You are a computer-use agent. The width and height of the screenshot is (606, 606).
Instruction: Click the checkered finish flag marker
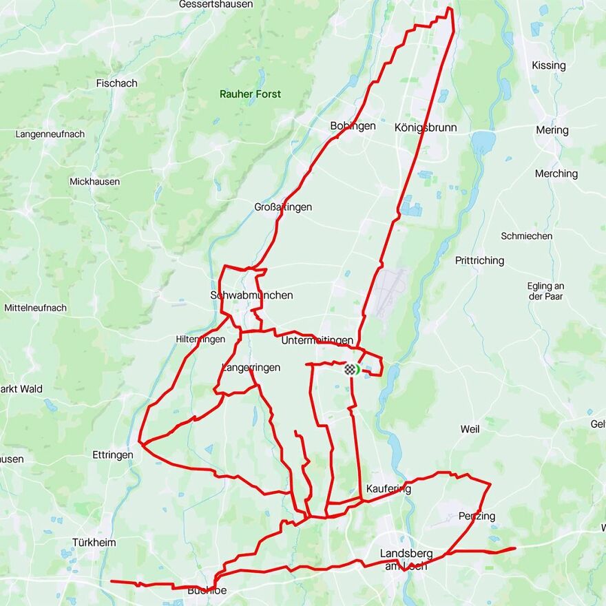click(x=351, y=370)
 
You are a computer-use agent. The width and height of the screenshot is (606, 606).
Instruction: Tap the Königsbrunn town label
click(x=426, y=127)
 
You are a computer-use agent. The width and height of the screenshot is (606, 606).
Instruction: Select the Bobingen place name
click(x=353, y=126)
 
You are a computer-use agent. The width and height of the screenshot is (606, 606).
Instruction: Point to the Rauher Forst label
click(x=250, y=94)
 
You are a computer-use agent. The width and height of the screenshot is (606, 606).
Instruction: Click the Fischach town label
click(x=116, y=83)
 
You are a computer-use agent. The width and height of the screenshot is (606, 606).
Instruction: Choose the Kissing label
click(x=548, y=65)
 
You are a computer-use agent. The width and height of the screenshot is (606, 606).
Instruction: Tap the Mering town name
click(x=552, y=130)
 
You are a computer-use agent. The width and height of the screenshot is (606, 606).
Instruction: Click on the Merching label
click(x=556, y=174)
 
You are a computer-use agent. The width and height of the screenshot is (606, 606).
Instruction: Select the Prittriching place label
click(x=479, y=260)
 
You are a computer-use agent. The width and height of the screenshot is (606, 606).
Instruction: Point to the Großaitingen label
click(x=283, y=207)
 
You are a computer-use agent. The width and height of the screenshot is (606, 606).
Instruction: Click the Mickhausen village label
click(x=94, y=182)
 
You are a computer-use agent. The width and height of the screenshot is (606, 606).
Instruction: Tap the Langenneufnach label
click(x=50, y=134)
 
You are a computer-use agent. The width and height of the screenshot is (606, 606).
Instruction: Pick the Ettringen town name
click(x=112, y=454)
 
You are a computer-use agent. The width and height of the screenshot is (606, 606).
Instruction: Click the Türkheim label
click(x=94, y=543)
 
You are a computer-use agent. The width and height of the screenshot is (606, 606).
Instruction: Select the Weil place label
click(x=470, y=429)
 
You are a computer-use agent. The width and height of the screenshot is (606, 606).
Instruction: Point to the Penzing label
click(x=477, y=516)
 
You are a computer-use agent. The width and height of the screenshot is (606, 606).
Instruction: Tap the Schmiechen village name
click(x=526, y=236)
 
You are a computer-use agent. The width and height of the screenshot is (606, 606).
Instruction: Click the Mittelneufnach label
click(x=35, y=308)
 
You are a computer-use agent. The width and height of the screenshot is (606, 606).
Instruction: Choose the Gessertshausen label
click(x=216, y=4)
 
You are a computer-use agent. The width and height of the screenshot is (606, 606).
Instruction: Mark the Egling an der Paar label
click(x=545, y=291)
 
